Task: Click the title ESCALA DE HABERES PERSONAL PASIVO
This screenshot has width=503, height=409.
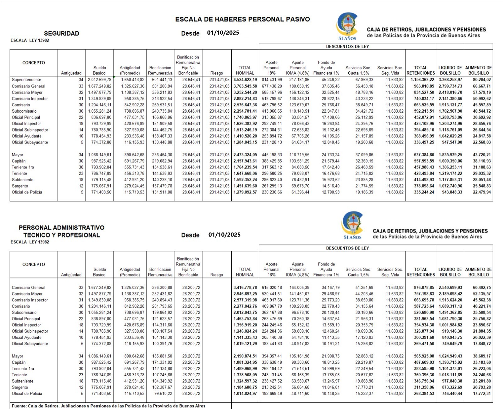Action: pyautogui.click(x=242, y=19)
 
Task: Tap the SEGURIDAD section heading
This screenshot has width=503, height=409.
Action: pyautogui.click(x=61, y=33)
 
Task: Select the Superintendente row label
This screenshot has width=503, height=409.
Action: pyautogui.click(x=26, y=80)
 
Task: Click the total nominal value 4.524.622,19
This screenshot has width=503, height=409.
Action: pyautogui.click(x=245, y=80)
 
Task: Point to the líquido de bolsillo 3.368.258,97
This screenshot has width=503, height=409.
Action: pyautogui.click(x=450, y=80)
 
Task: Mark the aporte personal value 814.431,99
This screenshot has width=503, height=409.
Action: pyautogui.click(x=272, y=80)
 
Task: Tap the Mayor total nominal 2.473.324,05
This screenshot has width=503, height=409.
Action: pyautogui.click(x=245, y=155)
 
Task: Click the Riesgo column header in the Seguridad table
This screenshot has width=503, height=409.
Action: pyautogui.click(x=217, y=73)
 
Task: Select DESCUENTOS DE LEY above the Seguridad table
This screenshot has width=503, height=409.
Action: pyautogui.click(x=347, y=47)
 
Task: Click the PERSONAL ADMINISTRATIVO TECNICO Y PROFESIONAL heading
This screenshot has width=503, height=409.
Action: pyautogui.click(x=61, y=231)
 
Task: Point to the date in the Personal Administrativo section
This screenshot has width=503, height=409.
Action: pyautogui.click(x=224, y=235)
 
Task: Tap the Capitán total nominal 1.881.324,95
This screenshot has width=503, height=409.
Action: pyautogui.click(x=245, y=362)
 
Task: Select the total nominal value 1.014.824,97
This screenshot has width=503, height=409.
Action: pyautogui.click(x=245, y=394)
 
